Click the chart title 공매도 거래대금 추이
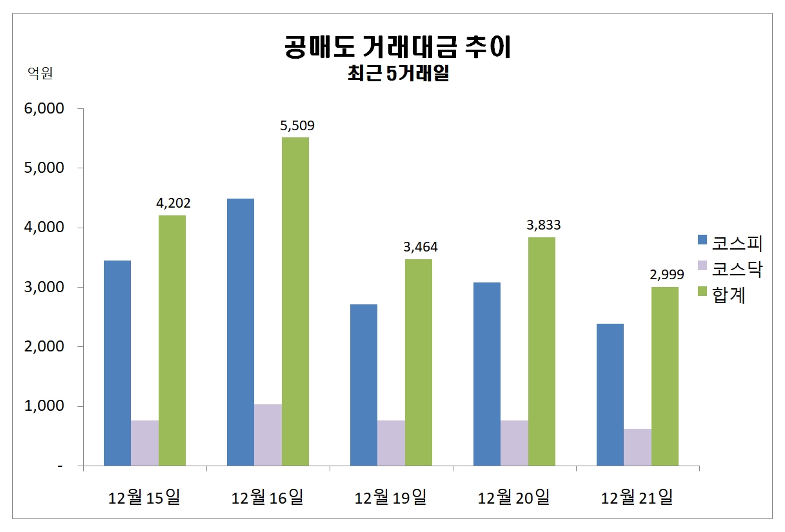[397, 48]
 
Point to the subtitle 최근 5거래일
[397, 74]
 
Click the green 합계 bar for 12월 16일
[295, 301]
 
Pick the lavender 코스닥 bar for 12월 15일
[145, 443]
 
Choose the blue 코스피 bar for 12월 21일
[610, 395]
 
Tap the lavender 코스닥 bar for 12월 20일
[514, 443]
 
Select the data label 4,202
[174, 204]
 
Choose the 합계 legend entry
[722, 295]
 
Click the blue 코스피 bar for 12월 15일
[117, 363]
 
